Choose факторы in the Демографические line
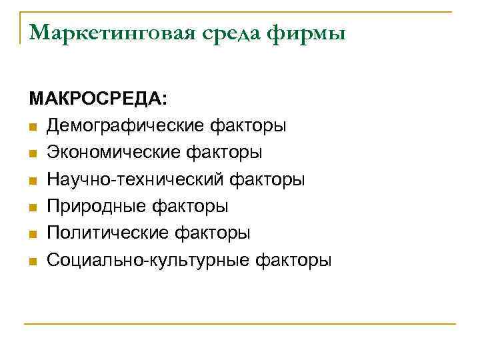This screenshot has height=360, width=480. click(249, 126)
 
